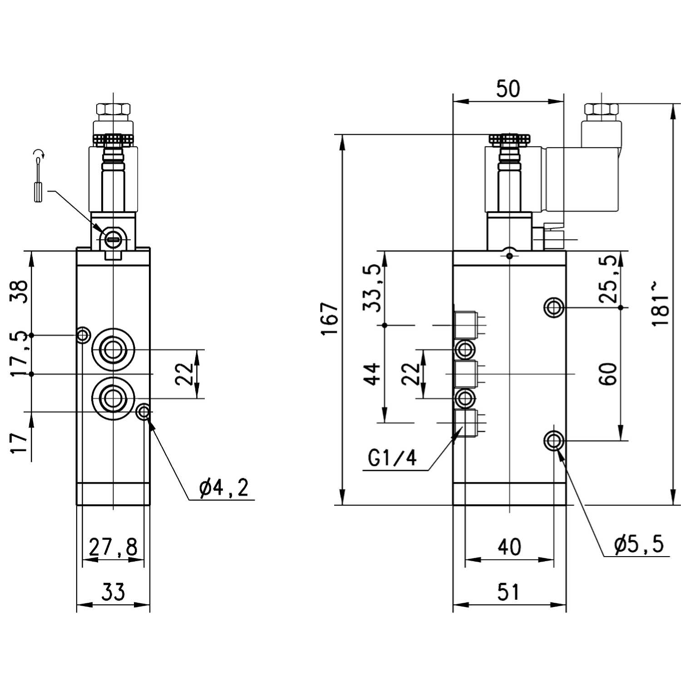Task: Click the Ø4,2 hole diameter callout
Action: (x=224, y=489)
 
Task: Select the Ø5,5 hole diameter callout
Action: (x=639, y=544)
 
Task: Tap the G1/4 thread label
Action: (x=392, y=459)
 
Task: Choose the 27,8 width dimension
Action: (x=113, y=547)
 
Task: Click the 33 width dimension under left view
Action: (x=113, y=592)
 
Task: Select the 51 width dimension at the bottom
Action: (x=508, y=592)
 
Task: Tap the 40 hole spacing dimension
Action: (x=509, y=547)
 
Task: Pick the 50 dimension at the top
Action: (x=508, y=89)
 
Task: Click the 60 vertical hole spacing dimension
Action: (x=608, y=374)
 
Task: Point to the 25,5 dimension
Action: (x=608, y=279)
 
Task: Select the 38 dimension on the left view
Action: (x=20, y=291)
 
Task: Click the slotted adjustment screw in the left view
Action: (x=113, y=237)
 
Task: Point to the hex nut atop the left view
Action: (x=113, y=109)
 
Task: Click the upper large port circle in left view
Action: (x=113, y=350)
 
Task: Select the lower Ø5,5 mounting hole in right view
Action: (x=554, y=440)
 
